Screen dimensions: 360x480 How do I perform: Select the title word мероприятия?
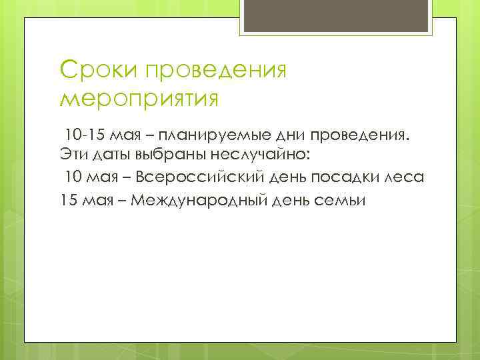[139, 99]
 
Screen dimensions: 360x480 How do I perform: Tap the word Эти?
[70, 157]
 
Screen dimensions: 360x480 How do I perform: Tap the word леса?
[407, 178]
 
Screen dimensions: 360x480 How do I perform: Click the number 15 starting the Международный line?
[67, 199]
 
